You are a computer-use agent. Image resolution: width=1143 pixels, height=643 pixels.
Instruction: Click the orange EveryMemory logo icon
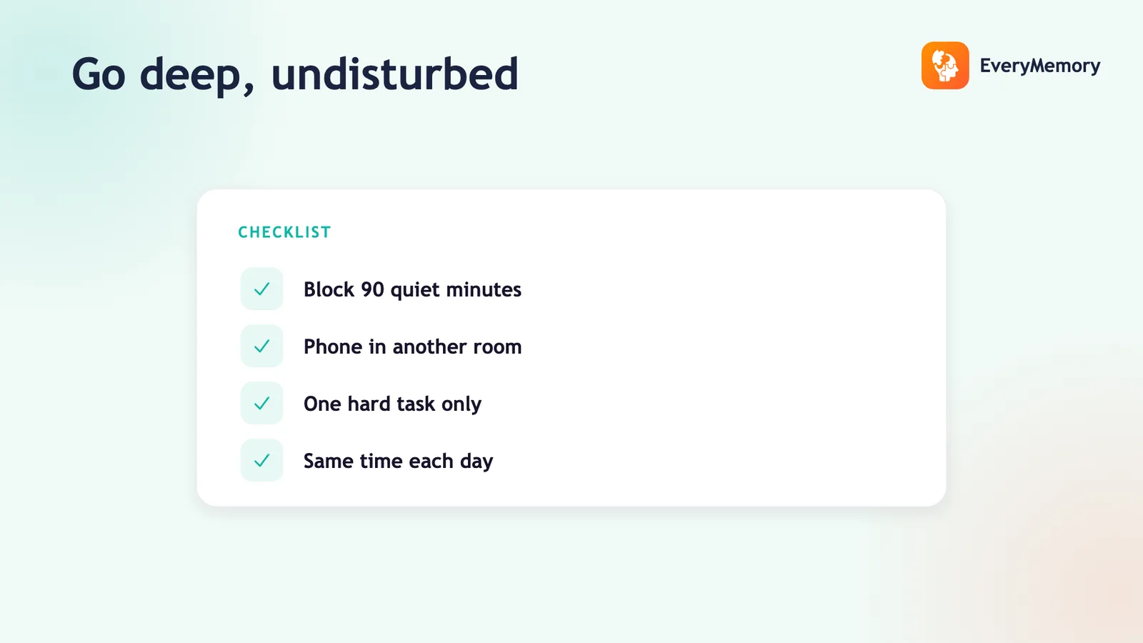(x=945, y=65)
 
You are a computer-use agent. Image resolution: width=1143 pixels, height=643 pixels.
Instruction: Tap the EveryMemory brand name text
(x=1040, y=66)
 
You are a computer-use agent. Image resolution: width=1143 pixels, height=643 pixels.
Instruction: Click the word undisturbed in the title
(x=394, y=74)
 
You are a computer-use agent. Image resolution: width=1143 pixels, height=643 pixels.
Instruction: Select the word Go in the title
(x=99, y=74)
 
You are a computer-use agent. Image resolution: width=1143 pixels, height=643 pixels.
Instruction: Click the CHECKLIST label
(x=285, y=232)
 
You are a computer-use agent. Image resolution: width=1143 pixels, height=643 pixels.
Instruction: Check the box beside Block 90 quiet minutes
(x=261, y=289)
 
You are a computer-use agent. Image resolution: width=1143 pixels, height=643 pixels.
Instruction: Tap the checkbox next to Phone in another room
(x=261, y=346)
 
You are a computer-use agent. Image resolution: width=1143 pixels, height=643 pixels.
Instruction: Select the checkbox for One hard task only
(x=261, y=403)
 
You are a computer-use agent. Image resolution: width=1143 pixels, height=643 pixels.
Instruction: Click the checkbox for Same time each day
(x=261, y=460)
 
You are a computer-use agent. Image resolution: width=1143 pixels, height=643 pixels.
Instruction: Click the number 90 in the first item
(x=372, y=290)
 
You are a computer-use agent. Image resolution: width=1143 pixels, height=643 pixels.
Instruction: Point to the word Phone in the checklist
(x=333, y=347)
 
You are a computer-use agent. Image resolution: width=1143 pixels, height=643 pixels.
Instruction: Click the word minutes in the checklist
(x=484, y=290)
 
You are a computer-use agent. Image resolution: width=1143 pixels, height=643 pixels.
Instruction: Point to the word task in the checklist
(x=416, y=404)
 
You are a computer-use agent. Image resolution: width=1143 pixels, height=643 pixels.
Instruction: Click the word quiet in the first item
(x=415, y=291)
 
